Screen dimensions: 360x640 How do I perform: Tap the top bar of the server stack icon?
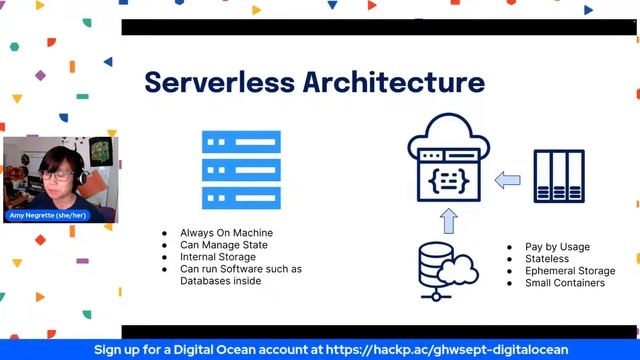tap(241, 141)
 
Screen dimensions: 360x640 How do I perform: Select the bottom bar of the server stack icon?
tap(241, 196)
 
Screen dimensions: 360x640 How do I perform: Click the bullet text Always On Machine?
tap(226, 233)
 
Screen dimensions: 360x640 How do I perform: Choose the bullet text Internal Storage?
tap(218, 257)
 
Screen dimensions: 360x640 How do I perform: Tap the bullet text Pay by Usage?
tap(557, 247)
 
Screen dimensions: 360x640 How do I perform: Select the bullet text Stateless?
tap(547, 259)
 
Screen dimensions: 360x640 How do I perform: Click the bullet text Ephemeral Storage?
tap(570, 271)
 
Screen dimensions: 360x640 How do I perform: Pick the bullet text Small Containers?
tap(565, 283)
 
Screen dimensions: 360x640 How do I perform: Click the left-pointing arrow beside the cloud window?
tap(509, 180)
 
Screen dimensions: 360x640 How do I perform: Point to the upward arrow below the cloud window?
tap(449, 220)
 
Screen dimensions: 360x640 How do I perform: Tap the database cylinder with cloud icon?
tap(444, 272)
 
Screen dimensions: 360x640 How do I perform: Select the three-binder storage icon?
tap(558, 177)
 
